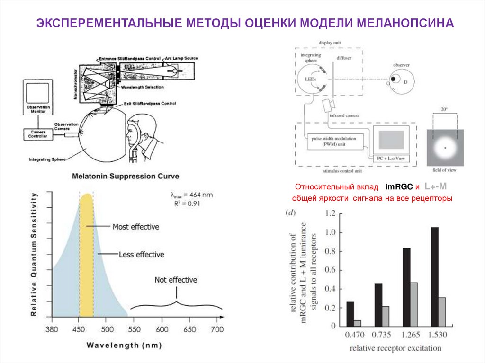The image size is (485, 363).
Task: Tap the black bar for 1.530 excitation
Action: pyautogui.click(x=434, y=276)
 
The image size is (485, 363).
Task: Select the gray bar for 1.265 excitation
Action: pyautogui.click(x=414, y=304)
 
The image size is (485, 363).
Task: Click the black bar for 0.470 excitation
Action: pyautogui.click(x=350, y=314)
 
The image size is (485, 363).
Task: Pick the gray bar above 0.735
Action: pyautogui.click(x=386, y=316)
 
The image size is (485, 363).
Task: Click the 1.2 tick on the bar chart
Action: pyautogui.click(x=330, y=214)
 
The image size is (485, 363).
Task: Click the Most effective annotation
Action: pyautogui.click(x=135, y=227)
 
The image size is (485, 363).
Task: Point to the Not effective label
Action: pyautogui.click(x=176, y=280)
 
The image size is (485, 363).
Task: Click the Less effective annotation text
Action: pyautogui.click(x=141, y=254)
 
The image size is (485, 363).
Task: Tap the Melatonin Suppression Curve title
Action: pyautogui.click(x=126, y=176)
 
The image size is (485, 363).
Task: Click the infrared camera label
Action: pyautogui.click(x=344, y=115)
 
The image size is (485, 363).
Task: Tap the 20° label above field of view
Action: pyautogui.click(x=444, y=109)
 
